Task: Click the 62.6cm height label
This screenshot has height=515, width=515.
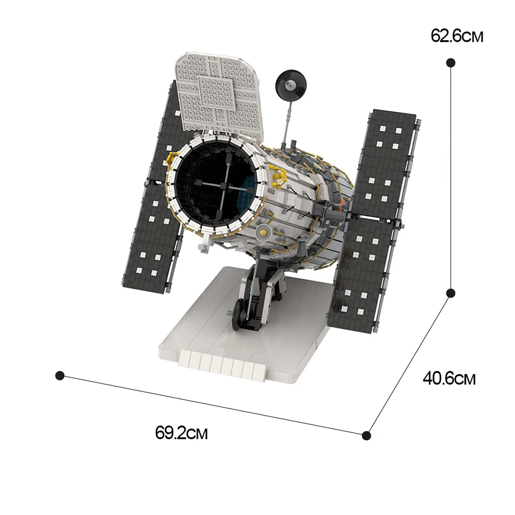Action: (x=457, y=37)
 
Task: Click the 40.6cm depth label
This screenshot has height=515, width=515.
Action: (x=449, y=379)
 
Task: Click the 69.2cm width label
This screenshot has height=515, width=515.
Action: (x=181, y=432)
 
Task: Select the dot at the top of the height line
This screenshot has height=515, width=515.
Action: (x=451, y=62)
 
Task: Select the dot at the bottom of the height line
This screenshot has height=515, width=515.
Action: (x=451, y=293)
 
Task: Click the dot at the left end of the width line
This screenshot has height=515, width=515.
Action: (x=60, y=375)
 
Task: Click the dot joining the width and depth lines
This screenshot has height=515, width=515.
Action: (x=366, y=435)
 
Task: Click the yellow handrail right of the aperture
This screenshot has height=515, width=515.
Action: (x=279, y=178)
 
